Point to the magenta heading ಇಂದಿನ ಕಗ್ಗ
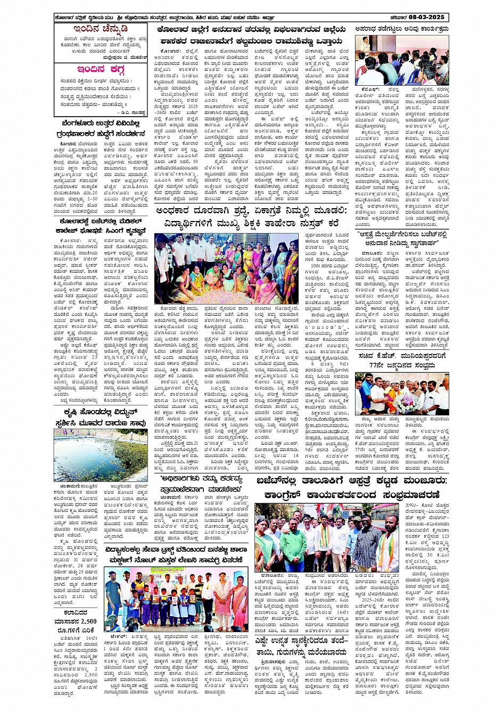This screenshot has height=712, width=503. [x=102, y=69]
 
